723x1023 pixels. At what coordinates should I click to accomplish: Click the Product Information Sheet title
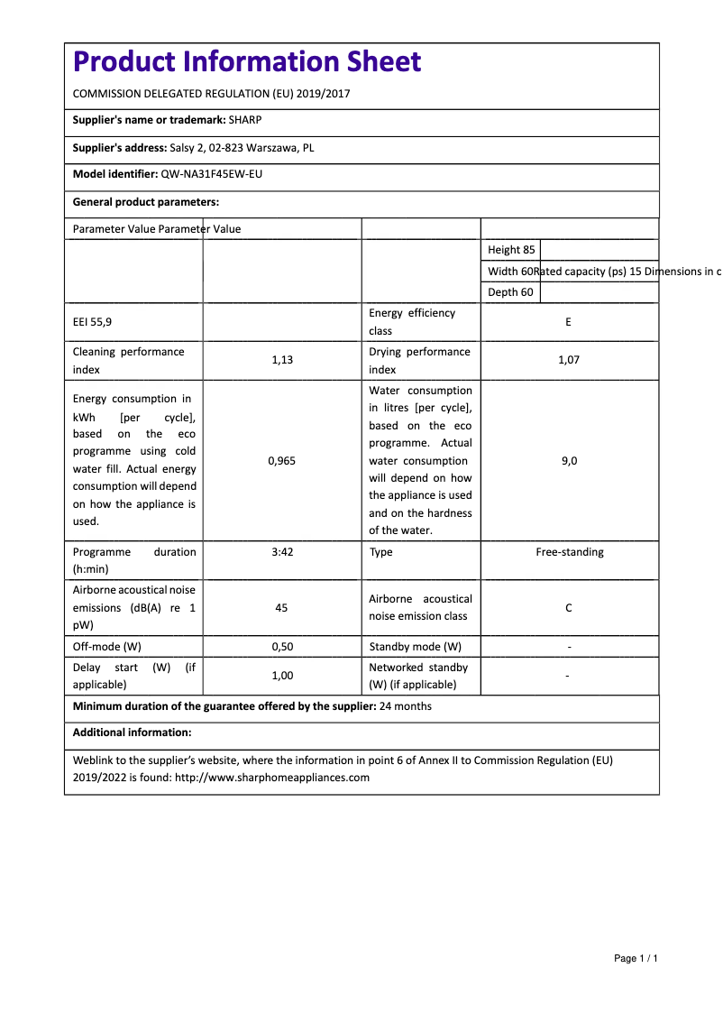click(x=246, y=62)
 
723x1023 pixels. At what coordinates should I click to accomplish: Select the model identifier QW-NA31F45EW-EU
click(x=212, y=174)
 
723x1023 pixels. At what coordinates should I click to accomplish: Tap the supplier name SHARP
click(x=245, y=120)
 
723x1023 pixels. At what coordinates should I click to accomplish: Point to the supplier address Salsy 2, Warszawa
click(x=242, y=147)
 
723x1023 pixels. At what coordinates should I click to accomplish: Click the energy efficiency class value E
click(x=568, y=322)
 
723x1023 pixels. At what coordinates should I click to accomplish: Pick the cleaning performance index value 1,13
click(x=281, y=360)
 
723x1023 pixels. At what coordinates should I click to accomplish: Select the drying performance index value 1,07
click(x=568, y=360)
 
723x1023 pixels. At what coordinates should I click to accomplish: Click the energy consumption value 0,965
click(x=281, y=460)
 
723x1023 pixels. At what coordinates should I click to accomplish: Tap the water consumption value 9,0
click(x=569, y=460)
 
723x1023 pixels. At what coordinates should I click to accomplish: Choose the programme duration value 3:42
click(x=281, y=552)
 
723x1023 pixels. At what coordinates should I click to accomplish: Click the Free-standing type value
click(x=569, y=552)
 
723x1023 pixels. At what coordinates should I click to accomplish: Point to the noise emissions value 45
click(x=281, y=608)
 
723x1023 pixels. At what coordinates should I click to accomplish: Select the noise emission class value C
click(x=568, y=608)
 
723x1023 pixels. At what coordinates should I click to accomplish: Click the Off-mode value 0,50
click(x=281, y=647)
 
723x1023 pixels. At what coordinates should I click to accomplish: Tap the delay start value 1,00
click(x=281, y=676)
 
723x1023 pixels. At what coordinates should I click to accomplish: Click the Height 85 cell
click(x=511, y=250)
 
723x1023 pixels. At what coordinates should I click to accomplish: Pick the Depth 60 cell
click(x=510, y=292)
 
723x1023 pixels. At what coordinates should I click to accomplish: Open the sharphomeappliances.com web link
click(x=271, y=778)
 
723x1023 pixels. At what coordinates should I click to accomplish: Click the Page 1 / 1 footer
click(x=636, y=958)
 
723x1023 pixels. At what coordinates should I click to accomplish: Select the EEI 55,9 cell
click(x=93, y=322)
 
